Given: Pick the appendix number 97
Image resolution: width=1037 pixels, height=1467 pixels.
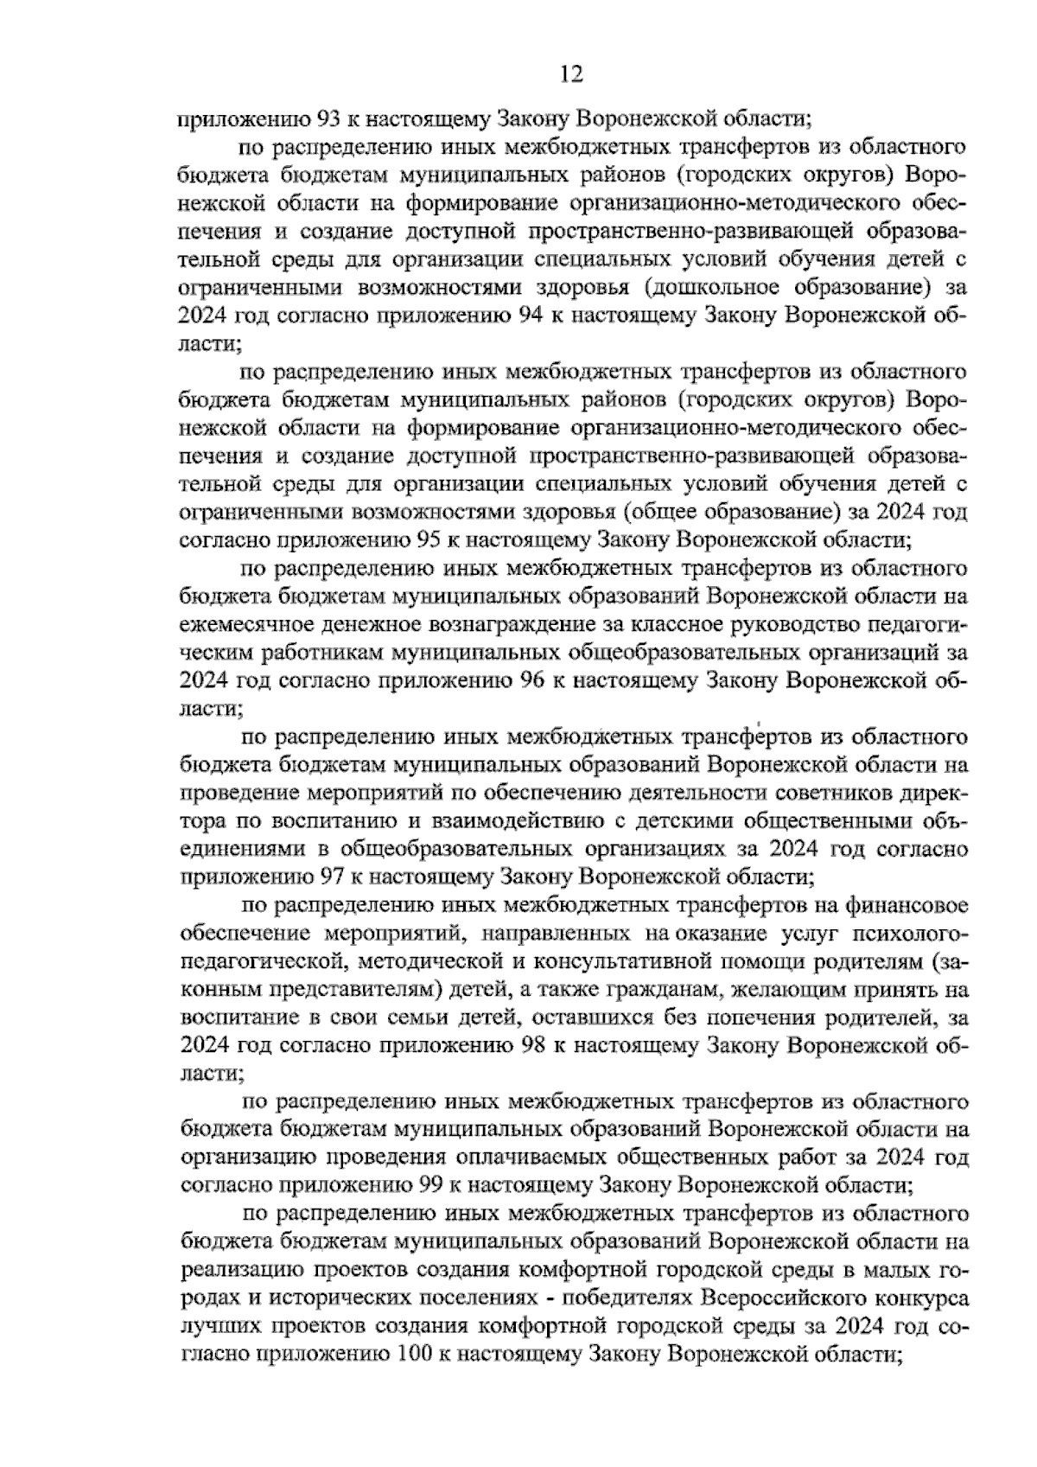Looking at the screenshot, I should (x=332, y=877).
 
